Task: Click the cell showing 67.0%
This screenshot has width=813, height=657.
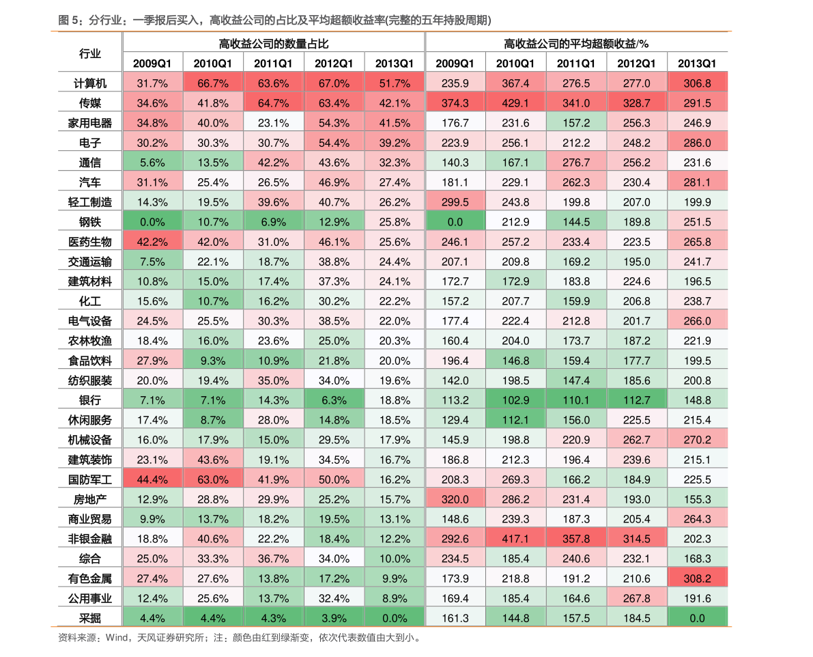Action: click(334, 83)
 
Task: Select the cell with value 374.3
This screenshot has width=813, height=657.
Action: click(455, 103)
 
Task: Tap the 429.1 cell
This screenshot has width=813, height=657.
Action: click(515, 103)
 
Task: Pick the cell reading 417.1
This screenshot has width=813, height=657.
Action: click(515, 539)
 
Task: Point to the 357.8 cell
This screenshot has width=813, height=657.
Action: click(576, 539)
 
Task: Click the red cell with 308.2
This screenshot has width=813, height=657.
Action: click(697, 578)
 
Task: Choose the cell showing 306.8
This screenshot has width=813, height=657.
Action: click(697, 83)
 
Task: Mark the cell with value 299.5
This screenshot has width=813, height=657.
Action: click(455, 202)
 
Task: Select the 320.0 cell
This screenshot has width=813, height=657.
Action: click(455, 499)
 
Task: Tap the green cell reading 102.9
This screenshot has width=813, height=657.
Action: click(515, 400)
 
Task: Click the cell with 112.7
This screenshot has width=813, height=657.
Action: click(637, 400)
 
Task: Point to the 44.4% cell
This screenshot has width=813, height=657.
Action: click(152, 479)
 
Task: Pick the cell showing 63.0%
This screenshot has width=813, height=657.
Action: click(213, 479)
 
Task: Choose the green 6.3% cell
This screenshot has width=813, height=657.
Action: click(334, 400)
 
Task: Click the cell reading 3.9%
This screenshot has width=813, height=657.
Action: click(334, 618)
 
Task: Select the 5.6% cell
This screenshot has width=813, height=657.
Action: click(152, 163)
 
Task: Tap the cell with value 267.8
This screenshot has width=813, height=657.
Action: click(637, 598)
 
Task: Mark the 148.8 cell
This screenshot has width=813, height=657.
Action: click(697, 400)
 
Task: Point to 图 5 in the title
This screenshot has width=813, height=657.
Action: click(67, 21)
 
